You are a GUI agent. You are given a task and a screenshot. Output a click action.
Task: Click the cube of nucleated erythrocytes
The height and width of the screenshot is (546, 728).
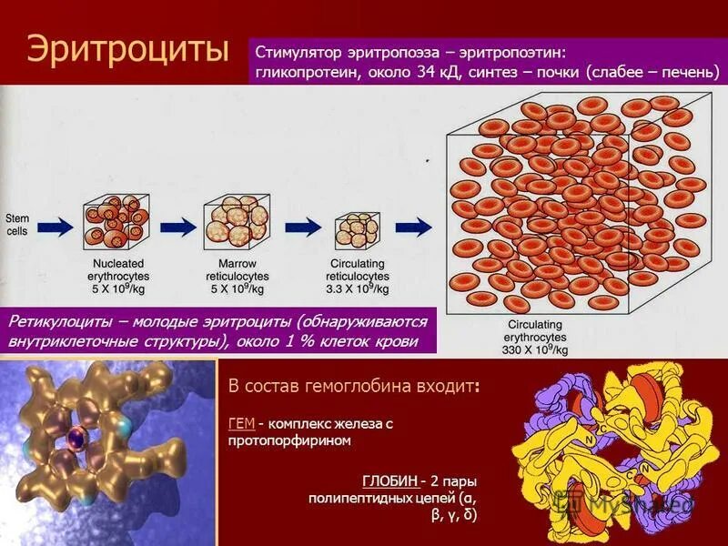116,225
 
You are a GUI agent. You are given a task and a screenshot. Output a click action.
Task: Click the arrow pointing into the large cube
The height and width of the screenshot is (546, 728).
415,226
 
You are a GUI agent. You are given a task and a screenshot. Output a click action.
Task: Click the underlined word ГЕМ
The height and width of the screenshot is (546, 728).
241,423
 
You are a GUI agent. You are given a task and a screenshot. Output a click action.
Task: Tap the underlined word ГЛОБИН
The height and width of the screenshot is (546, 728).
390,481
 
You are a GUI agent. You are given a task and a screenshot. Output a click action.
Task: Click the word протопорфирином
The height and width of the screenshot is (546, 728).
289,440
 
